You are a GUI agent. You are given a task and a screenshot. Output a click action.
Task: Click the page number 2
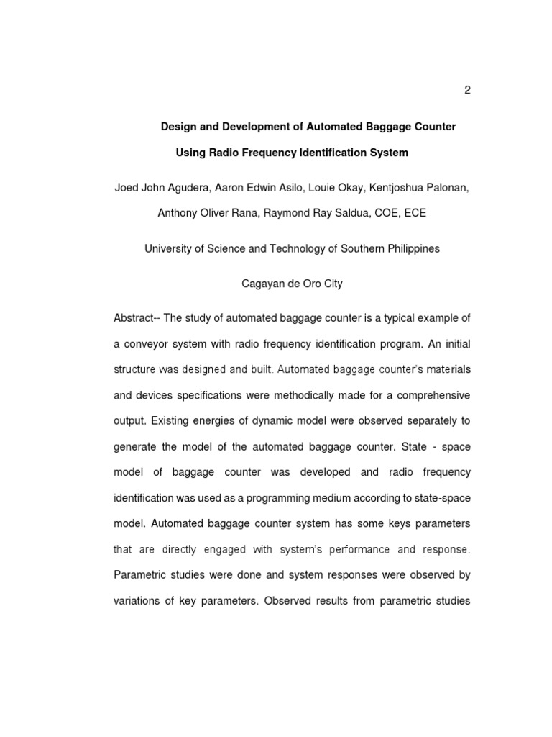click(x=467, y=90)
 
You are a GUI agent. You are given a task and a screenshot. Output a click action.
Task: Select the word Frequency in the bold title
click(x=271, y=153)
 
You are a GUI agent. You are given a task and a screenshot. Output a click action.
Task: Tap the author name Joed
click(x=126, y=188)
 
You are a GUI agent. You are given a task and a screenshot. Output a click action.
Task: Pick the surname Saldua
click(x=349, y=213)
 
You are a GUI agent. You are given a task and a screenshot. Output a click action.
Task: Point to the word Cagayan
click(x=260, y=284)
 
